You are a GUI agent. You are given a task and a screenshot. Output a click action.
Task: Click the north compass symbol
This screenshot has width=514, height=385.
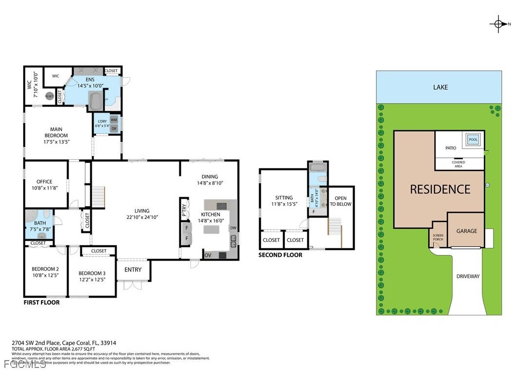[x=498, y=23]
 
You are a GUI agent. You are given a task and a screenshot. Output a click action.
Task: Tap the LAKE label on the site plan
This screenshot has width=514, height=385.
[x=440, y=87]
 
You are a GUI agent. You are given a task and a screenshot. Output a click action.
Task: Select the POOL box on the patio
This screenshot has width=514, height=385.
[x=473, y=139]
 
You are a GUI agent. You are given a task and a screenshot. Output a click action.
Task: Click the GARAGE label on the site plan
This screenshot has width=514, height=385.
[x=466, y=231]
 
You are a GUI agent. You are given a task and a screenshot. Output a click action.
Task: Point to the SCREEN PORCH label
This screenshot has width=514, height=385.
[x=438, y=237]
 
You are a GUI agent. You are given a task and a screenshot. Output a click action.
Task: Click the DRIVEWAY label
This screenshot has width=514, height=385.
[x=468, y=276]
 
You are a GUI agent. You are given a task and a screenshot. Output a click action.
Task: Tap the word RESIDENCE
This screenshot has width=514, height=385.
[x=440, y=189]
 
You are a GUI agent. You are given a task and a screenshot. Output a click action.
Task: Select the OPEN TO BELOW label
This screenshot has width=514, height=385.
[x=340, y=201]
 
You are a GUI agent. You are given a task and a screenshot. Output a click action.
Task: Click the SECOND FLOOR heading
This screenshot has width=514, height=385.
[x=280, y=255]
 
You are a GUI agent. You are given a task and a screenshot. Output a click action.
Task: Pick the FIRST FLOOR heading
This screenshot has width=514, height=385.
[x=41, y=303]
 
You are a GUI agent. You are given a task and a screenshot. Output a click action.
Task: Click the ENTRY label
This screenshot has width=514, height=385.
[x=133, y=269]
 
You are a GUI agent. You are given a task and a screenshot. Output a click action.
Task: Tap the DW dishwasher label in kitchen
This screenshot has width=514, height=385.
[x=233, y=228]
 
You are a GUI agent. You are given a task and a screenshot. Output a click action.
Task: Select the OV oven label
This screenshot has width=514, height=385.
[x=208, y=255]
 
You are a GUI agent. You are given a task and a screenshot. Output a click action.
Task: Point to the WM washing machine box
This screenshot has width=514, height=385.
[x=114, y=120]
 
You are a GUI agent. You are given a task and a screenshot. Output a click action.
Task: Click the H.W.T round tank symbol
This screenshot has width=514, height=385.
[x=49, y=96]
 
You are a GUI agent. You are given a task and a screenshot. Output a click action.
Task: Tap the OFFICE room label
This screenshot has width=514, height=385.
[x=44, y=182]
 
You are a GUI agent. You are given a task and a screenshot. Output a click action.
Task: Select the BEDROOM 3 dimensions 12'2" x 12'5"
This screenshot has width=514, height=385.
[x=91, y=280]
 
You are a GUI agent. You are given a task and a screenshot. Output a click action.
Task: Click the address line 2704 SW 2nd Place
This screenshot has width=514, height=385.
[x=64, y=343]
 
